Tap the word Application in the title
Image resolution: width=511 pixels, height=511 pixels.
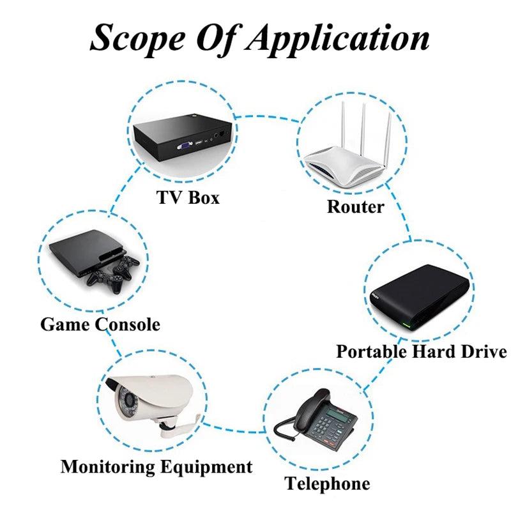[337, 40]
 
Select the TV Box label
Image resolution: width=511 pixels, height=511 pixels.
[188, 197]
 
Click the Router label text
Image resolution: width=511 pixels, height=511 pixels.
[355, 206]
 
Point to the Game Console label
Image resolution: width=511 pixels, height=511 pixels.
[100, 324]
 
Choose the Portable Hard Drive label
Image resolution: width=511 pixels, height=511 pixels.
[422, 352]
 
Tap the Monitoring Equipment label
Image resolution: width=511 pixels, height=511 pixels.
[156, 467]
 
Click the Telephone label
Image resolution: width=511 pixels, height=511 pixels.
[327, 484]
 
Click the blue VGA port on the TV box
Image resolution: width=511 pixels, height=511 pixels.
[185, 146]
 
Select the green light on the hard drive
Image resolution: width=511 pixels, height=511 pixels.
[406, 325]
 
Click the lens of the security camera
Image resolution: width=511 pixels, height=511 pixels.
[128, 402]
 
